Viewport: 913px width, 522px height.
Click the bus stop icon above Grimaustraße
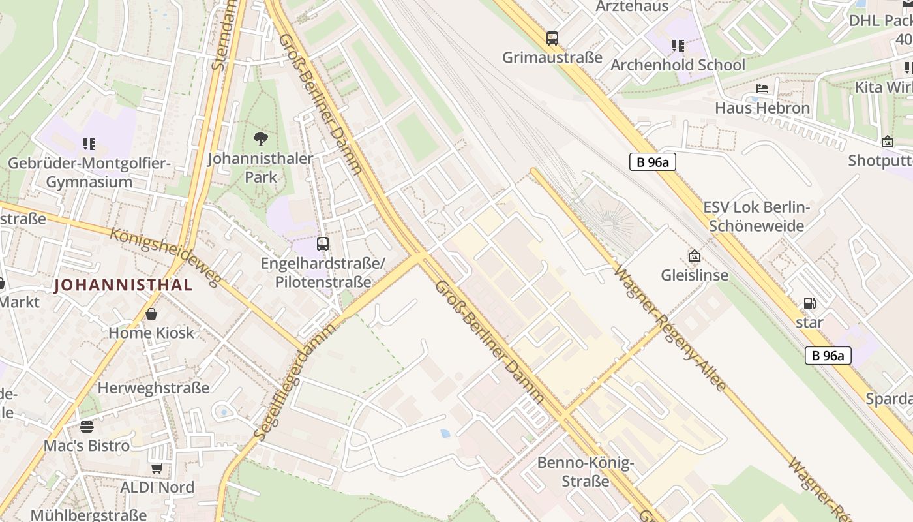pos(552,38)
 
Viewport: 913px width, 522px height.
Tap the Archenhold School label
pos(678,65)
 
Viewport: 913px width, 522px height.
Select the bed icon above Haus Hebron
pos(762,89)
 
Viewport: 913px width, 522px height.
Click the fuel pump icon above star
pos(809,303)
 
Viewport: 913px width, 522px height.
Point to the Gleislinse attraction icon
pos(694,256)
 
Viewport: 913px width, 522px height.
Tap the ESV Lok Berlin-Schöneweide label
pos(756,217)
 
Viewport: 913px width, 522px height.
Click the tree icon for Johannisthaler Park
pos(260,139)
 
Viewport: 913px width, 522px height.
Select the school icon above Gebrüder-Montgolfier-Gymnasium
pos(89,144)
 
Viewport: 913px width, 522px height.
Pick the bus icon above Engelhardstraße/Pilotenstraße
pos(322,244)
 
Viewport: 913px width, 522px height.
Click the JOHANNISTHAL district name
pos(123,285)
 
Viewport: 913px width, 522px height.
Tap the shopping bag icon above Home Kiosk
pos(151,314)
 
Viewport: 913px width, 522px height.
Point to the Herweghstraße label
pos(153,388)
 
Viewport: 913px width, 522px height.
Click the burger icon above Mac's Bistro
pos(87,427)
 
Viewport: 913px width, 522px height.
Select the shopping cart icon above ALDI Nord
pos(157,468)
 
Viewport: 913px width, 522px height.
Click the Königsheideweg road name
pos(166,256)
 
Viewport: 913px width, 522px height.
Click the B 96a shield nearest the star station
pos(828,356)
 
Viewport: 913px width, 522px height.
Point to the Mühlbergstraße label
pos(88,515)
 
